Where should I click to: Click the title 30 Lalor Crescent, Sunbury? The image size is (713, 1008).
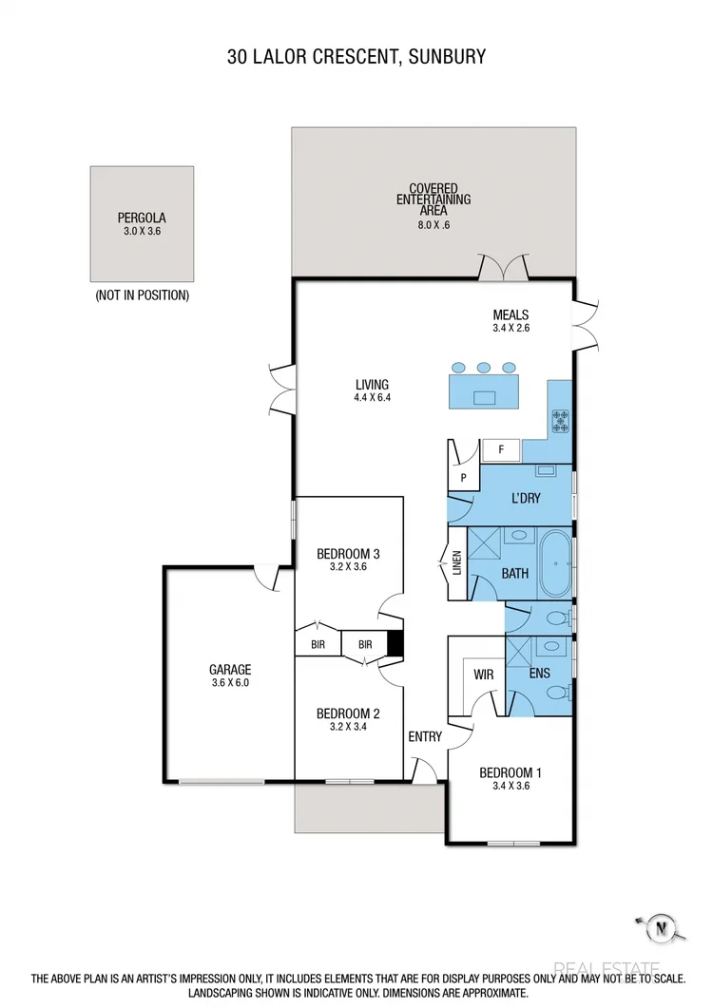[356, 57]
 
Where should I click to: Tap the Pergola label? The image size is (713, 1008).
[142, 218]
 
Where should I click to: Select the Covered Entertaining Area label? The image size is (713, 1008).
[434, 200]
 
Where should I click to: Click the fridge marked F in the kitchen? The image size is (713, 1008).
[500, 449]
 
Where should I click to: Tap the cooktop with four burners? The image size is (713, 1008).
[561, 421]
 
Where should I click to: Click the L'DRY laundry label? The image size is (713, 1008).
[526, 497]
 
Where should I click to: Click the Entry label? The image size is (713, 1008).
[424, 736]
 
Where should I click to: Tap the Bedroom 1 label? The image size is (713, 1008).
[510, 772]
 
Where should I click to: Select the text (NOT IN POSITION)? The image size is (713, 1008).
[142, 295]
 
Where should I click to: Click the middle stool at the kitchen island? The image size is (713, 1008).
[484, 367]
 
